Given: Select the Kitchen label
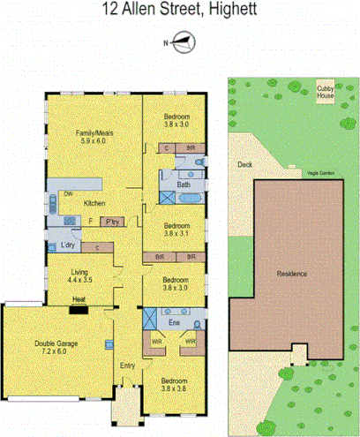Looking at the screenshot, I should click(x=95, y=203).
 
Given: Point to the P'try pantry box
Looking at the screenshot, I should click(x=112, y=222).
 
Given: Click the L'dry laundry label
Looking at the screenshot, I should click(x=67, y=245).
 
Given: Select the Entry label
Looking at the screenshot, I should click(x=128, y=365).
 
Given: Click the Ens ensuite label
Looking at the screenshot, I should click(x=175, y=324).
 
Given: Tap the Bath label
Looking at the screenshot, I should click(x=184, y=185).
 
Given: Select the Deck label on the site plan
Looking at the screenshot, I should click(x=244, y=164).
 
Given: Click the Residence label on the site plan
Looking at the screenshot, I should click(x=292, y=274).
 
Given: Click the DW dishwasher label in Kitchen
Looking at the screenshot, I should click(x=66, y=194).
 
